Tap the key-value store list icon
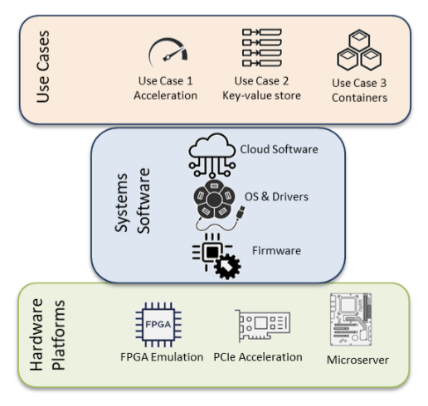click(x=261, y=47)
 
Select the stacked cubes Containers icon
click(x=359, y=50)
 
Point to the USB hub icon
click(x=214, y=199)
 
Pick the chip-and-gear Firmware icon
click(x=216, y=256)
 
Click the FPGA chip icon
click(x=158, y=324)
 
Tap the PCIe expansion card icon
click(x=262, y=325)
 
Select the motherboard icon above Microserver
click(x=351, y=319)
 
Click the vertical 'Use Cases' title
click(x=43, y=66)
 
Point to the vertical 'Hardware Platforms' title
click(x=47, y=334)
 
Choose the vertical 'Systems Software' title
click(x=132, y=201)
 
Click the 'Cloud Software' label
click(x=279, y=149)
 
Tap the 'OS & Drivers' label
click(x=276, y=196)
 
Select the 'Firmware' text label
click(x=276, y=250)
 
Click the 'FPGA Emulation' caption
click(x=162, y=357)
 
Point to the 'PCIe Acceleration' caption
click(x=258, y=357)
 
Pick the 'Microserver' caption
click(x=357, y=360)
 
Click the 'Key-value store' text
click(x=261, y=96)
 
